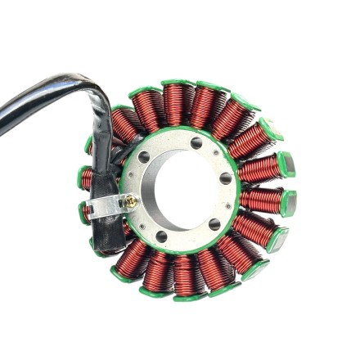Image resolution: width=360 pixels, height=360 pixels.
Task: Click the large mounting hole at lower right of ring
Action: pyautogui.click(x=214, y=223)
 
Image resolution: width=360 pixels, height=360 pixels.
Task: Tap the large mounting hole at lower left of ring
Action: pyautogui.click(x=161, y=236)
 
